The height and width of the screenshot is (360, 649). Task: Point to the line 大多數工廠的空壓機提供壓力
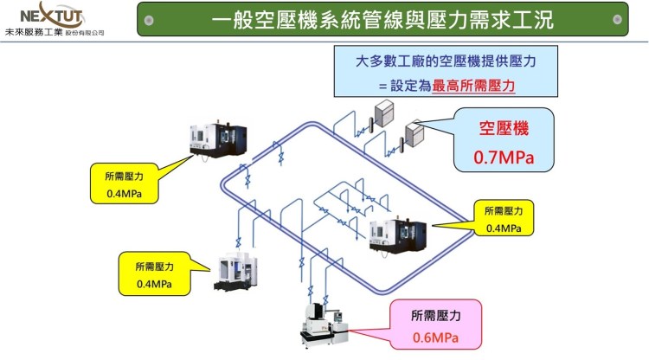(446, 62)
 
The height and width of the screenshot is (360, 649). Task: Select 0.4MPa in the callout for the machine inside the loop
(504, 228)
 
